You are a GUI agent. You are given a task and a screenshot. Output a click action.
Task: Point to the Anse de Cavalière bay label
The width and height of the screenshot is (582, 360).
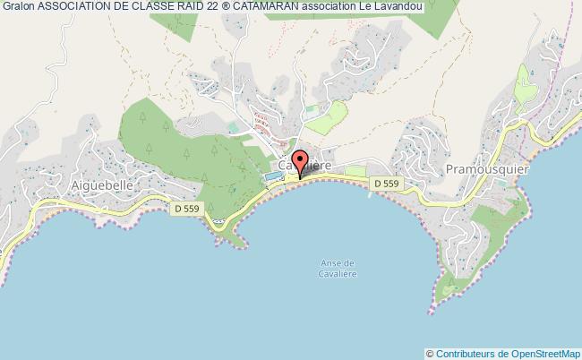pyautogui.click(x=338, y=268)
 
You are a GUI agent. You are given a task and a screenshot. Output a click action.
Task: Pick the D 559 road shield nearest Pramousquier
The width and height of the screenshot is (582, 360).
pyautogui.click(x=387, y=184)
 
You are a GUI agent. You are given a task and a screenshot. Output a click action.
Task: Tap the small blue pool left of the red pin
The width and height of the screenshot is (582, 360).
pyautogui.click(x=270, y=176)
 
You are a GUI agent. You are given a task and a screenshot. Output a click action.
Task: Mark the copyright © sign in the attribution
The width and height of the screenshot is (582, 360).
pyautogui.click(x=430, y=353)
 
